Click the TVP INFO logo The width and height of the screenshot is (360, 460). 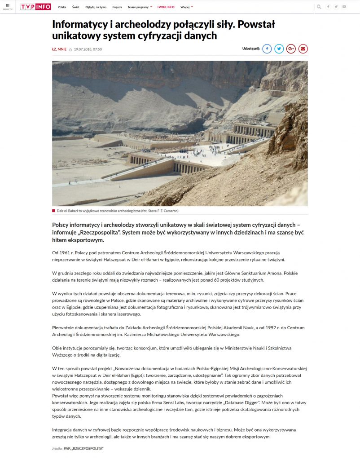[35, 7]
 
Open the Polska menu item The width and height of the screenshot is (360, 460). [62, 7]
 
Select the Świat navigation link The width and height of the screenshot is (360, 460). [76, 7]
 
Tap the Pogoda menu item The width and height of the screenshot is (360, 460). [117, 7]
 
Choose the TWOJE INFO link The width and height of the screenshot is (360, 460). [166, 7]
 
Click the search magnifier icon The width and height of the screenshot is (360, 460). [319, 7]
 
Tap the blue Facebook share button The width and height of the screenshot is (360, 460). [267, 49]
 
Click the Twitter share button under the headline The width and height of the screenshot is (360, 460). [279, 49]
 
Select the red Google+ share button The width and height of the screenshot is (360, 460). [291, 49]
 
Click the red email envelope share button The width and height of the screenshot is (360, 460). [303, 49]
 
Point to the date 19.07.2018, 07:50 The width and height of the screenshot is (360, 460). [88, 49]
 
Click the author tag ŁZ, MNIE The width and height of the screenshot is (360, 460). [59, 49]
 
